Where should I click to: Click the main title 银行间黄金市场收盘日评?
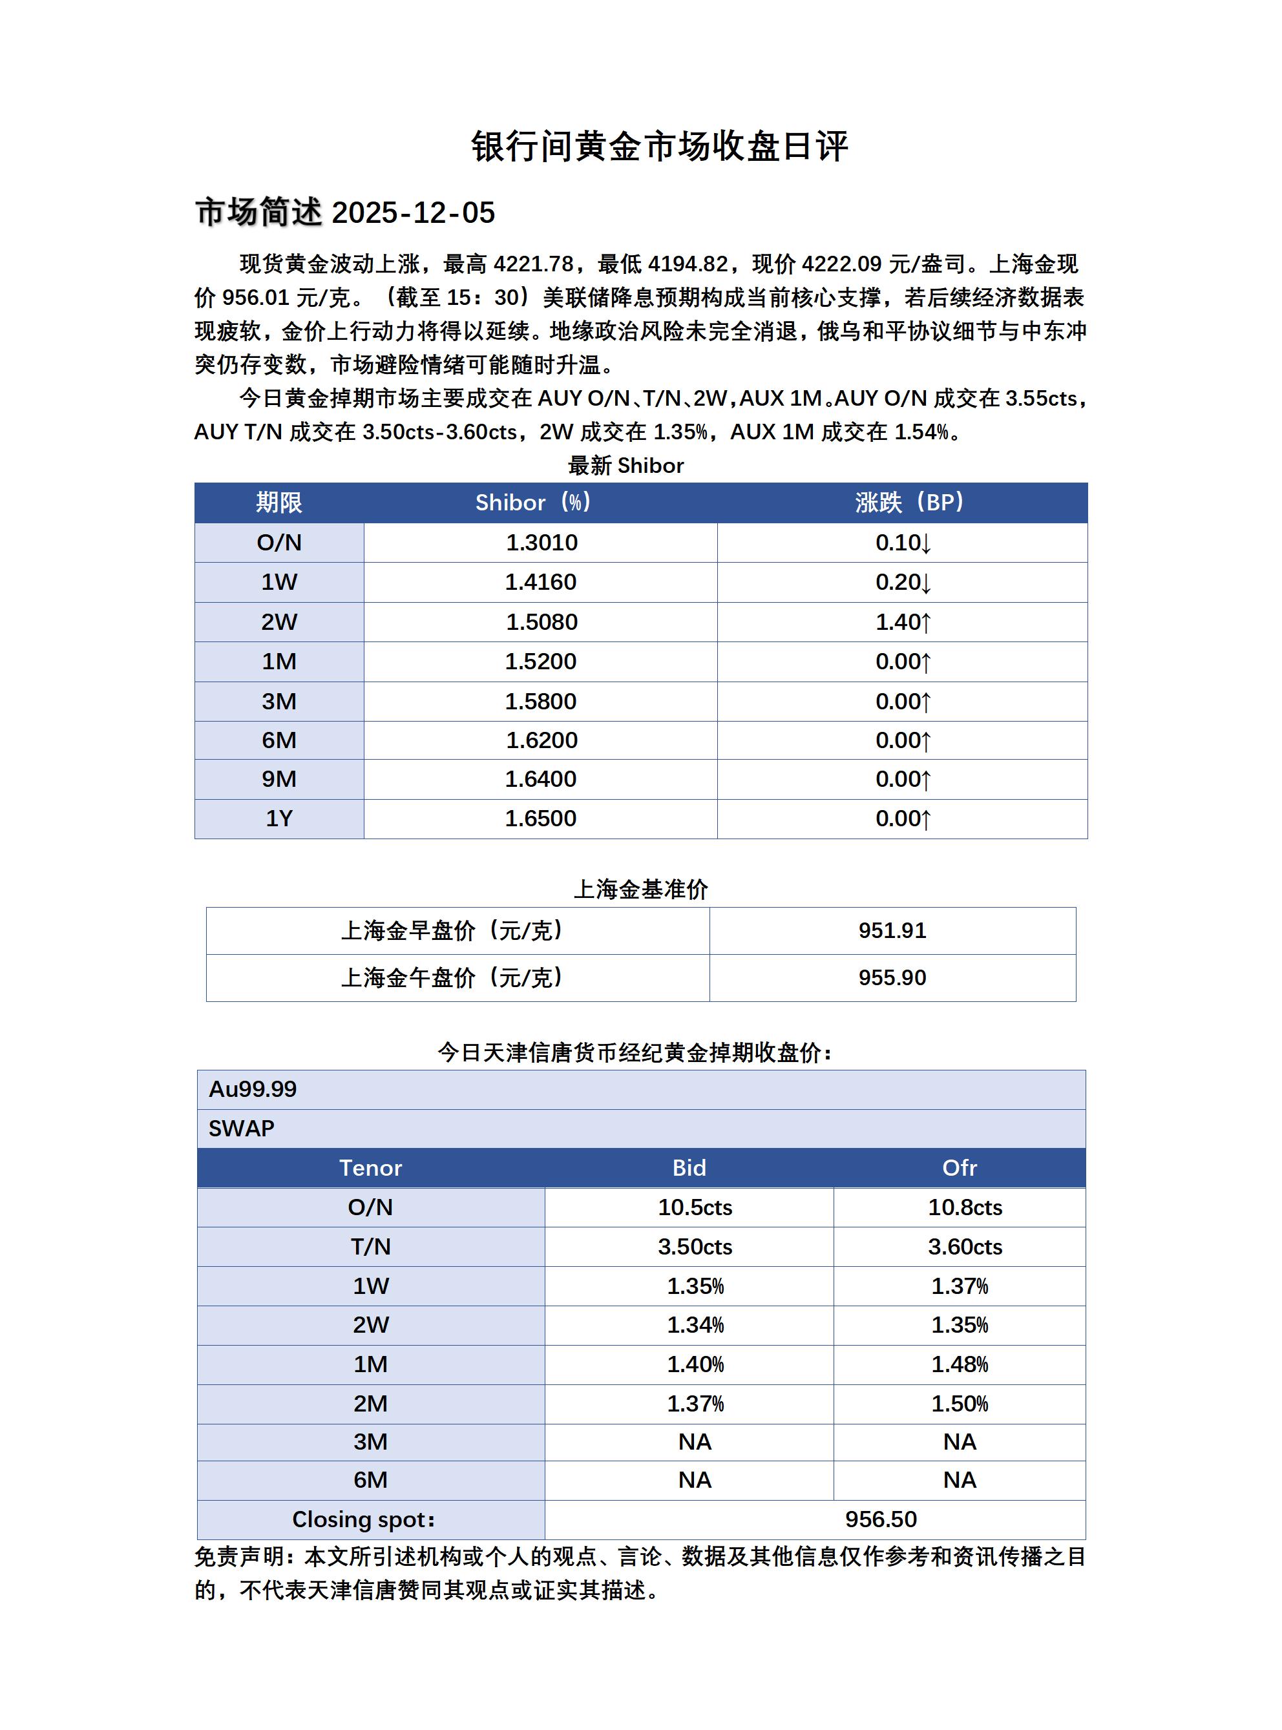pyautogui.click(x=660, y=147)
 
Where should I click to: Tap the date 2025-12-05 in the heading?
pyautogui.click(x=413, y=213)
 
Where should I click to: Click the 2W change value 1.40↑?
pyautogui.click(x=903, y=621)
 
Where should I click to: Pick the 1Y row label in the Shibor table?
pyautogui.click(x=278, y=818)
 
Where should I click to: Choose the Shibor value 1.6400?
pyautogui.click(x=540, y=779)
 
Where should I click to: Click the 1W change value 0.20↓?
pyautogui.click(x=903, y=582)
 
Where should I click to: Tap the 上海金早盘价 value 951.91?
pyautogui.click(x=892, y=930)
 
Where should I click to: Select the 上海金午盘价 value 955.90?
pyautogui.click(x=892, y=977)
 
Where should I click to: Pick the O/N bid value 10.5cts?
pyautogui.click(x=695, y=1207)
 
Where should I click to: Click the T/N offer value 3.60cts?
pyautogui.click(x=965, y=1247)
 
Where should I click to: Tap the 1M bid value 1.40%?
pyautogui.click(x=695, y=1364)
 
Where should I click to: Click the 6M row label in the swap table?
pyautogui.click(x=370, y=1480)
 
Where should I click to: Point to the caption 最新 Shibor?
pyautogui.click(x=625, y=466)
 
